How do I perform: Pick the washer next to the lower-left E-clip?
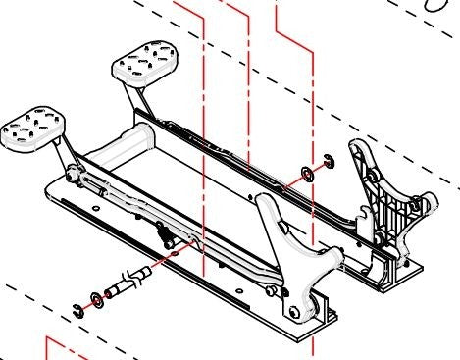tap(95, 298)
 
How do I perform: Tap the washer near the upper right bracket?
tap(306, 175)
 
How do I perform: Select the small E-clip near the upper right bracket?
tap(328, 163)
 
